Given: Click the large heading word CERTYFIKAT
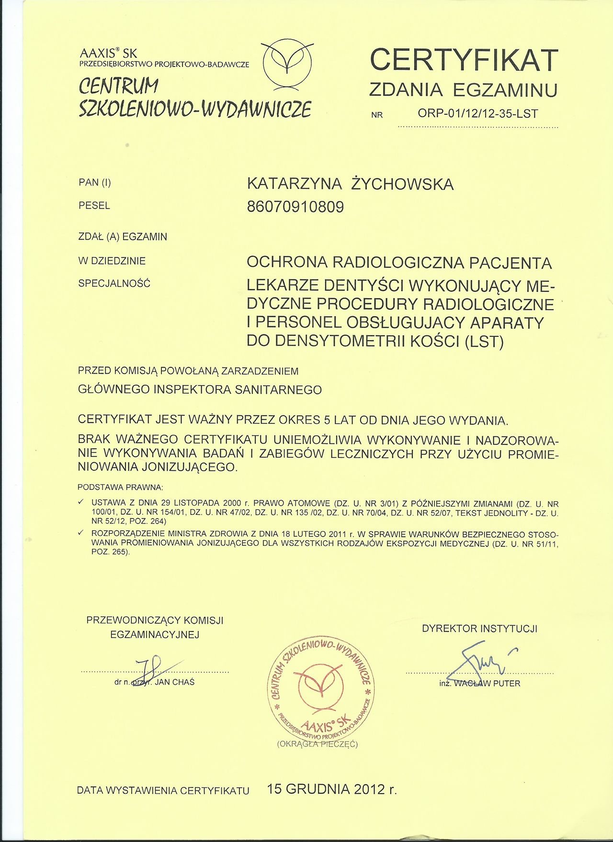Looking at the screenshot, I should pyautogui.click(x=464, y=60).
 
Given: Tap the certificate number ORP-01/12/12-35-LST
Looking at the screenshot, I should pyautogui.click(x=477, y=114).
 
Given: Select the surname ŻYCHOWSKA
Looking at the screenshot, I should pyautogui.click(x=402, y=184).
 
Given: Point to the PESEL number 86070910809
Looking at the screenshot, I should pyautogui.click(x=295, y=207).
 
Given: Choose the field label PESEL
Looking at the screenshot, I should pyautogui.click(x=94, y=206).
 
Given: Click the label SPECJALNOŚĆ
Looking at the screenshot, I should pyautogui.click(x=114, y=283).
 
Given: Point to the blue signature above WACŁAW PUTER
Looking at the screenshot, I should pyautogui.click(x=479, y=663).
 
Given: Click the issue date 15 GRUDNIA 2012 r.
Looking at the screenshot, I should pyautogui.click(x=332, y=789).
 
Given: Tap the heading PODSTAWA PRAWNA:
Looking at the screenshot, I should pyautogui.click(x=120, y=487).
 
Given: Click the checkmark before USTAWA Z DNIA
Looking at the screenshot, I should pyautogui.click(x=81, y=502).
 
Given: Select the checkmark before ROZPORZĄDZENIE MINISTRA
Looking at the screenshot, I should pyautogui.click(x=81, y=532).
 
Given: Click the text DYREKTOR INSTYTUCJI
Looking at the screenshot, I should pyautogui.click(x=479, y=629).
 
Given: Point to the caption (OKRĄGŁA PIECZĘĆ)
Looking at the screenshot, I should pyautogui.click(x=317, y=744).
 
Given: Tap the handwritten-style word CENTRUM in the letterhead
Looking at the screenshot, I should pyautogui.click(x=118, y=87).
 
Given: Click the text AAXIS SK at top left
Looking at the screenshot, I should pyautogui.click(x=108, y=53).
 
